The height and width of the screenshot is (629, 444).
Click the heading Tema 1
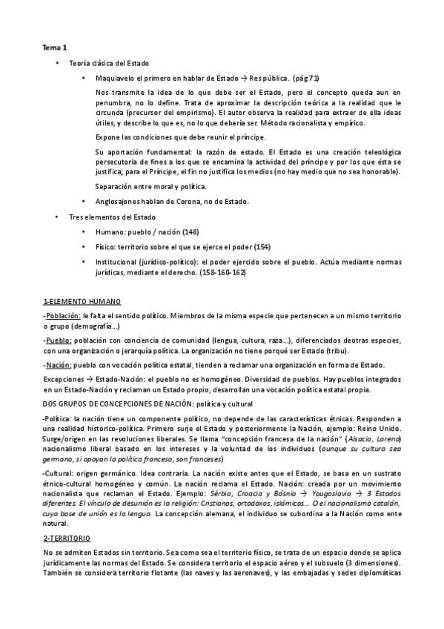coord(54,47)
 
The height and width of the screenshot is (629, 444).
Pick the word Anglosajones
coord(121,201)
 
